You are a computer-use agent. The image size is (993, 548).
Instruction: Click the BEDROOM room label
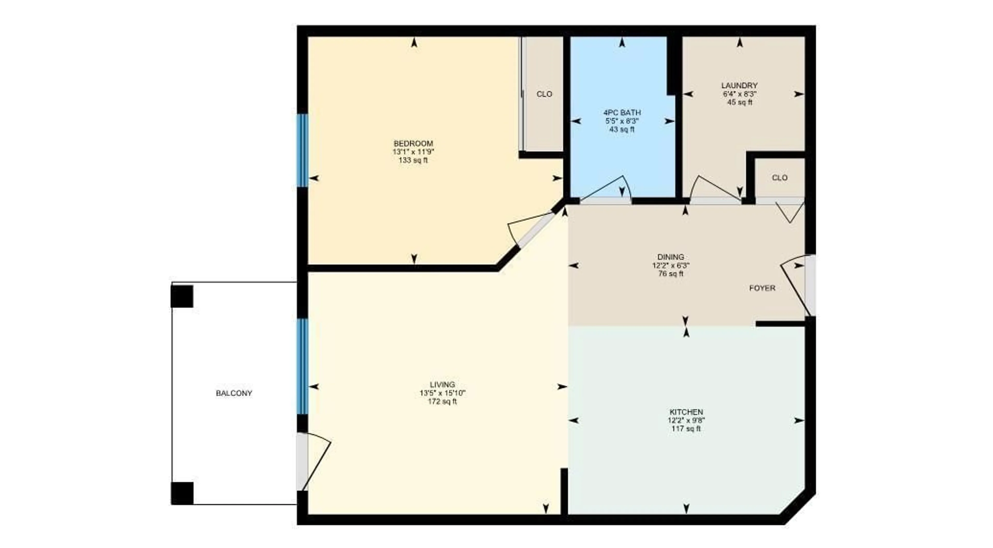click(x=413, y=143)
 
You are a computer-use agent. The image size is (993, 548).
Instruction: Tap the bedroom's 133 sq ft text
click(x=413, y=160)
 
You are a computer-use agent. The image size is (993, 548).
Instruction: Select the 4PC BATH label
click(x=622, y=113)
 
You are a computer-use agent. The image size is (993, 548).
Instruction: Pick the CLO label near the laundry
click(x=779, y=178)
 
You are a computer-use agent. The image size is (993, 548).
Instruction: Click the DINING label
click(x=670, y=257)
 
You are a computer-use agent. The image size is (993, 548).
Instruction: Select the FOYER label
click(x=762, y=288)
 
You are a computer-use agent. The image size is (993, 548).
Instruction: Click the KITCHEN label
click(x=686, y=412)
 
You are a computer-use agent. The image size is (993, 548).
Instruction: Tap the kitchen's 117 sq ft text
click(x=686, y=429)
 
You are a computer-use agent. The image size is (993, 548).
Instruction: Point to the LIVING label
click(x=442, y=384)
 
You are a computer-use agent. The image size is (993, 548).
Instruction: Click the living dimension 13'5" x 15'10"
click(x=442, y=393)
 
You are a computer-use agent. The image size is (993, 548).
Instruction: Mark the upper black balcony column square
click(x=182, y=296)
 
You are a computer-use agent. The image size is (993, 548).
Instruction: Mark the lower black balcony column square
click(x=182, y=493)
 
